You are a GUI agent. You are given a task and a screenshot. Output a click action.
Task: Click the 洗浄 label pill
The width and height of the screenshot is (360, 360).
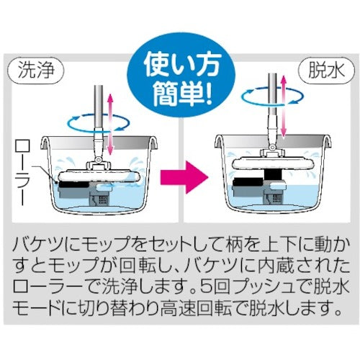pos(36,71)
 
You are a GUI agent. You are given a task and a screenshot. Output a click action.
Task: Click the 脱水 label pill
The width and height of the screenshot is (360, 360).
pos(326,71)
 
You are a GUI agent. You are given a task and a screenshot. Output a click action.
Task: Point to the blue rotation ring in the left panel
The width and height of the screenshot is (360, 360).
pos(99,123)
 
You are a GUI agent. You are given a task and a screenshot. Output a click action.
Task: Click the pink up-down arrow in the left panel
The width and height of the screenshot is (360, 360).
pos(110,124)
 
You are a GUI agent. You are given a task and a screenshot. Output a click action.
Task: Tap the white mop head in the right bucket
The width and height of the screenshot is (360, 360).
pos(273,163)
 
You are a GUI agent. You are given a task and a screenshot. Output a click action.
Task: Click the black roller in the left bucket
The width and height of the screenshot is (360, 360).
pos(73,184)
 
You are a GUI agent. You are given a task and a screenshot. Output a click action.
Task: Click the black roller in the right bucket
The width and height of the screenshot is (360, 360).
pos(248,181)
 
